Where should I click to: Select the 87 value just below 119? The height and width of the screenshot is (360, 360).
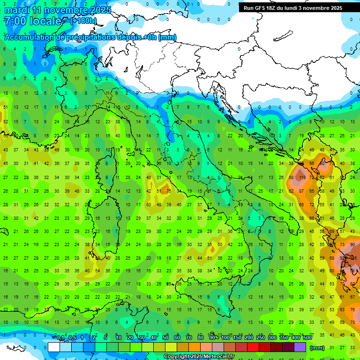click(x=301, y=191)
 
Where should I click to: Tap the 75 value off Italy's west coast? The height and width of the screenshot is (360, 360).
click(x=168, y=191)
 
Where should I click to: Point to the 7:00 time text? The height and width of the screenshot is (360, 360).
click(x=15, y=21)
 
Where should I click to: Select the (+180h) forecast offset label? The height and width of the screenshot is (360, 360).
click(x=83, y=21)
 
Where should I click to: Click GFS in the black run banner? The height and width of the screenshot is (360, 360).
click(x=260, y=8)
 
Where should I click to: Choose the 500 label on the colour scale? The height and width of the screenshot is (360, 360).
click(x=307, y=338)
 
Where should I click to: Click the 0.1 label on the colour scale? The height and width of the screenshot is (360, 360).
click(x=61, y=338)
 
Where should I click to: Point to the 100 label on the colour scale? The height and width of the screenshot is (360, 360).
click(x=225, y=338)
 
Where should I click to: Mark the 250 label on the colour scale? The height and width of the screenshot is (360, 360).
click(x=261, y=338)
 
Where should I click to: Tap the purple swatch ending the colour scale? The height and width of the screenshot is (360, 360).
click(x=300, y=347)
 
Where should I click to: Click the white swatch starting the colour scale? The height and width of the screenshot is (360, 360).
click(x=54, y=347)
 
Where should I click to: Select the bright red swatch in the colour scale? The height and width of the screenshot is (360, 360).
click(x=253, y=347)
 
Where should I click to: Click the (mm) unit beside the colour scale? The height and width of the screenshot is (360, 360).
click(x=317, y=347)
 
